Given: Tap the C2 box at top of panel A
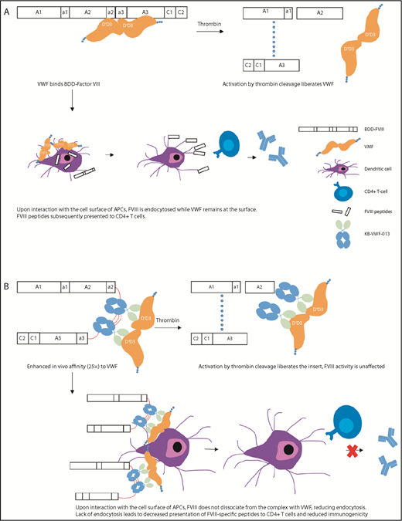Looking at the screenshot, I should (180, 13).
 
